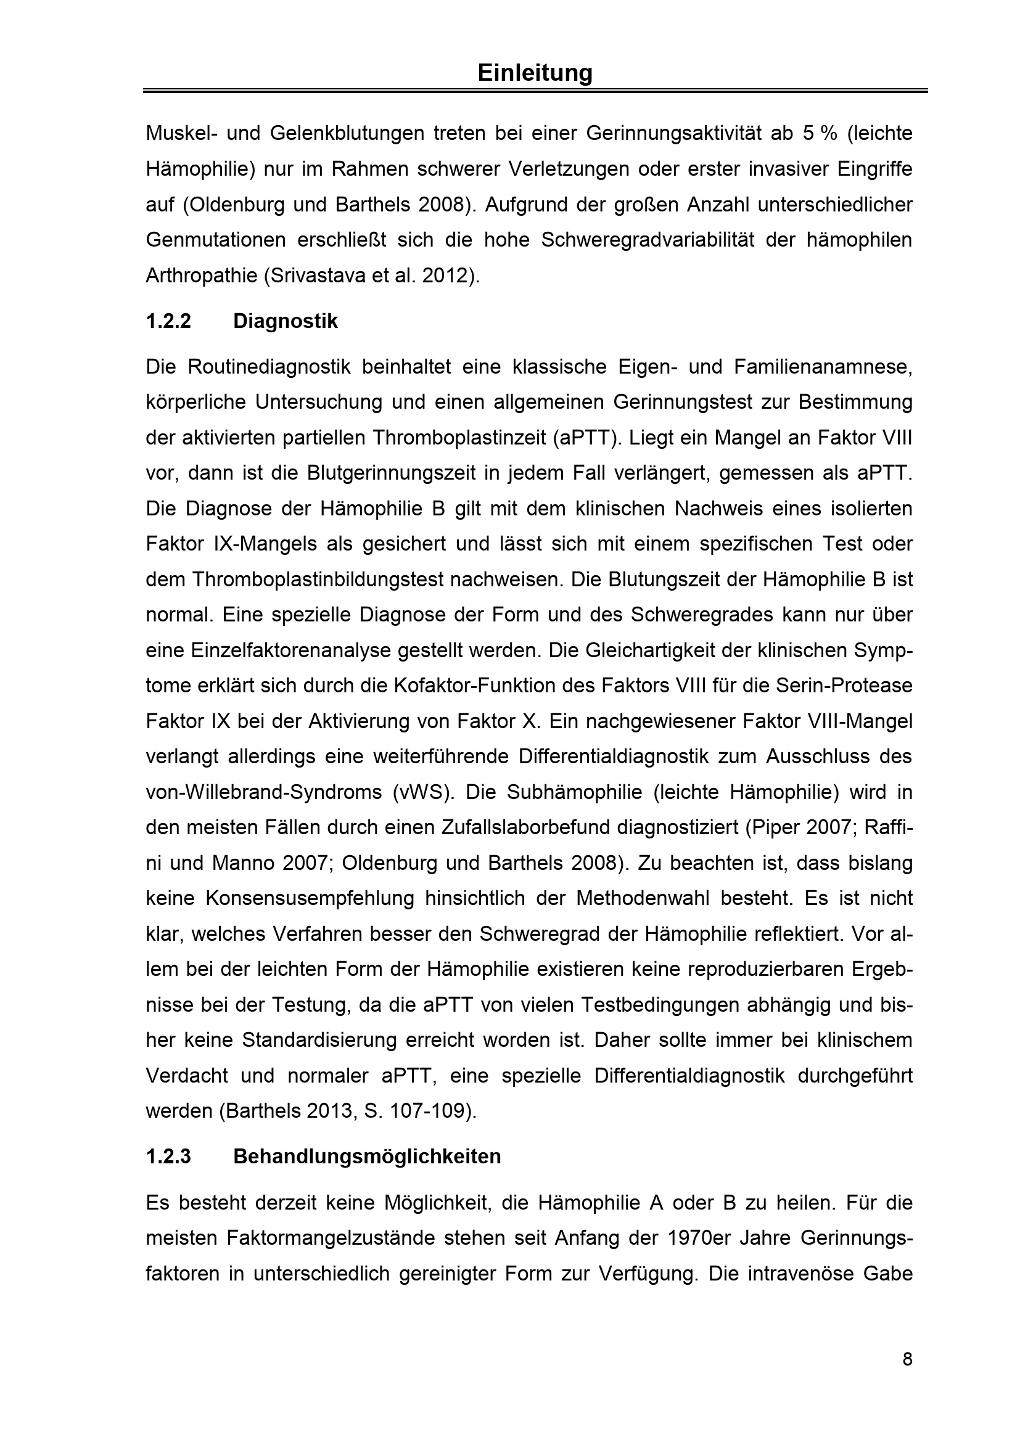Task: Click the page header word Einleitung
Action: tap(535, 73)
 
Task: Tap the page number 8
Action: tap(907, 1360)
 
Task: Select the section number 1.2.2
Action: tap(168, 321)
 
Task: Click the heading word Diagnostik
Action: tap(285, 321)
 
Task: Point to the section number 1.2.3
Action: tap(168, 1156)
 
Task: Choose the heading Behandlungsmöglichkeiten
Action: tap(367, 1156)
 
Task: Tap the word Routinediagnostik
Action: tap(269, 367)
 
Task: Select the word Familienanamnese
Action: tap(823, 367)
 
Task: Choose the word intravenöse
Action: tap(788, 1273)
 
